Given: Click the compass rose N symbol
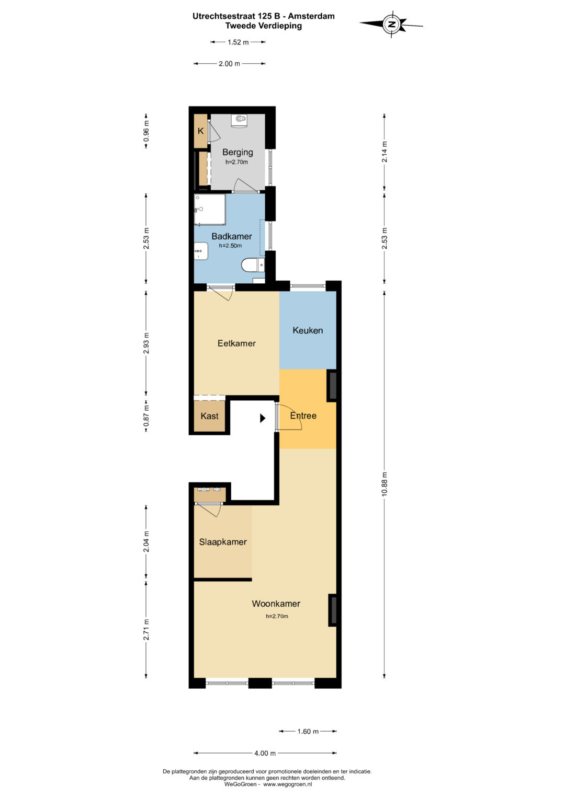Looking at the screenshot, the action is [x=392, y=24].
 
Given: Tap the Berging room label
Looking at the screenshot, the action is [x=238, y=152].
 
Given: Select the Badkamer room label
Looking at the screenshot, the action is [x=231, y=236].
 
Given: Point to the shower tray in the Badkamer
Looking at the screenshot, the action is [x=210, y=210].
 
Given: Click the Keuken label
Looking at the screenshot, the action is [x=308, y=330].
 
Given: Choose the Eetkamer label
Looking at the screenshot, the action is [x=236, y=343].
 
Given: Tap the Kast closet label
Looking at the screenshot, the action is [x=209, y=416].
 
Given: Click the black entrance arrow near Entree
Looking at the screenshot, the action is [x=263, y=418].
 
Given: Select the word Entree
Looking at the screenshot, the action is [x=303, y=416].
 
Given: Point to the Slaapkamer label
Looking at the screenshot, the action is [x=223, y=542].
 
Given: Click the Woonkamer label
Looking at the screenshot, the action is [x=276, y=604].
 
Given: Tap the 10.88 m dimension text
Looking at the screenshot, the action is [x=384, y=484].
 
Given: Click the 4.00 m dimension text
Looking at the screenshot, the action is [x=265, y=753].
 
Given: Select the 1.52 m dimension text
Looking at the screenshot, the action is [x=238, y=42].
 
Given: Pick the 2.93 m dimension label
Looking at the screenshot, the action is [x=146, y=343].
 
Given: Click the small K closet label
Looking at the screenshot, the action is [x=200, y=131].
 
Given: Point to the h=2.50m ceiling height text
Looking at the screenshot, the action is [x=230, y=246].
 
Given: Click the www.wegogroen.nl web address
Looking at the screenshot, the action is [x=288, y=784].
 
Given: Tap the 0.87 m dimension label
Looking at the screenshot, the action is [x=146, y=416].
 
